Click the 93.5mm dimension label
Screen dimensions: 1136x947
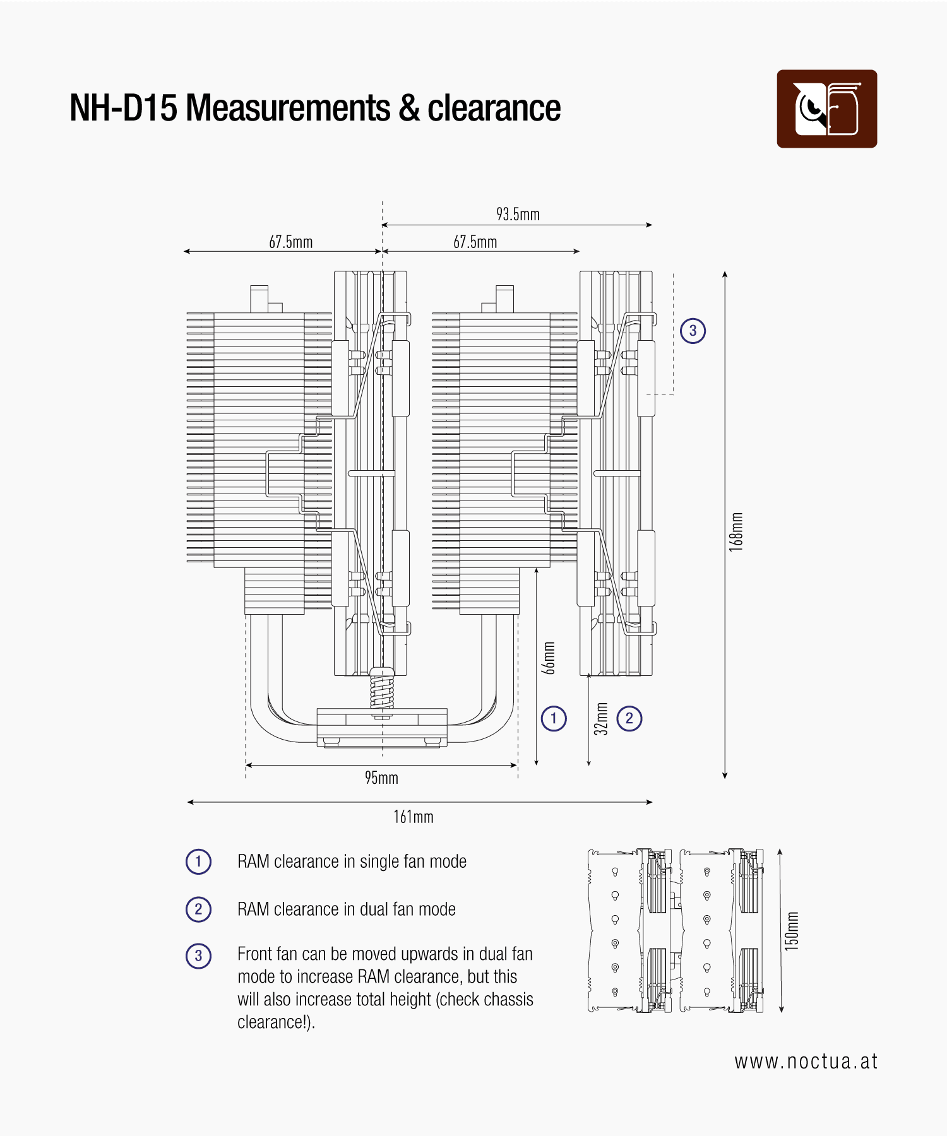tap(518, 215)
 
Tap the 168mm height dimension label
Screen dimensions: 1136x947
tap(736, 532)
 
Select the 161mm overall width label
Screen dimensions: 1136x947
tap(414, 817)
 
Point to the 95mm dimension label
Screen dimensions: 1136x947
tap(381, 778)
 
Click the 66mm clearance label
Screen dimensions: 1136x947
tap(550, 658)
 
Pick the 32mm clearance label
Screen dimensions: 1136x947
tap(602, 719)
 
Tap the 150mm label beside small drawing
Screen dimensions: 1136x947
tap(792, 932)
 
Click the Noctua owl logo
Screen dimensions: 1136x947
tap(826, 109)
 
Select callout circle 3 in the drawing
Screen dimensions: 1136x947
tap(693, 331)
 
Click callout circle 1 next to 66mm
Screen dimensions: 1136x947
tap(554, 718)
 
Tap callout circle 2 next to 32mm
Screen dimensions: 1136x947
tap(629, 718)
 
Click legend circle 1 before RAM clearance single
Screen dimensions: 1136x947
tap(198, 861)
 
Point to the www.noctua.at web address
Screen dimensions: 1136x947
tap(806, 1062)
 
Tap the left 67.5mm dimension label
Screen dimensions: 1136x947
tap(290, 242)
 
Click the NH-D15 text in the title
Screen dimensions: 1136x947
tap(124, 108)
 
